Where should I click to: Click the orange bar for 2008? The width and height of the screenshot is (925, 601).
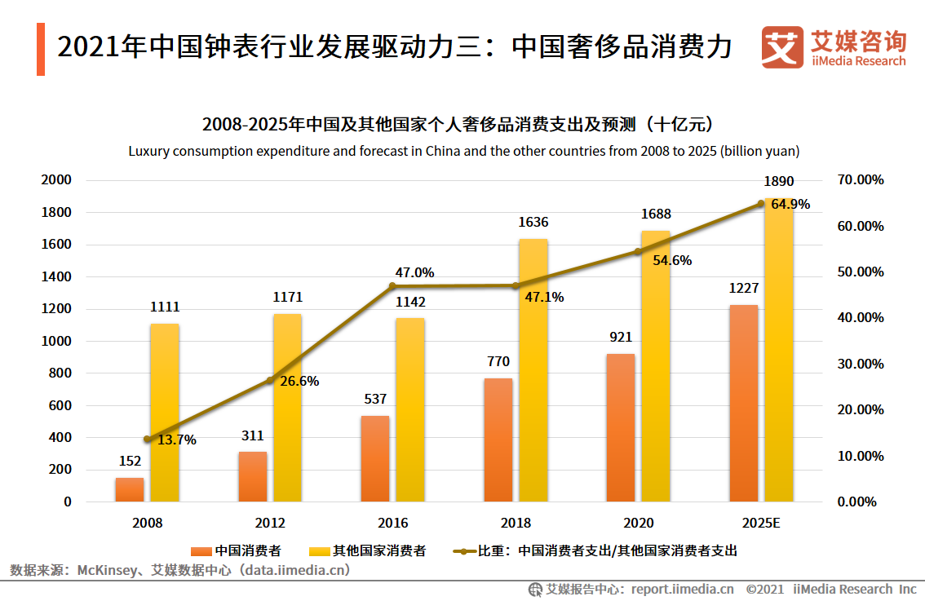129,489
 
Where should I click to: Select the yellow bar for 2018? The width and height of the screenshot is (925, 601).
533,371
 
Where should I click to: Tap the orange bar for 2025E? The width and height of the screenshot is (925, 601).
743,404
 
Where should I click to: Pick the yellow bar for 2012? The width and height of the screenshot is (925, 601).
287,408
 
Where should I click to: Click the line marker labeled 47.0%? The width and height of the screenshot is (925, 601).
392,286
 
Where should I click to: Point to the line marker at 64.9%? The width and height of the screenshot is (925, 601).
760,204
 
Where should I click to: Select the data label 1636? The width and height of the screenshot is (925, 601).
533,222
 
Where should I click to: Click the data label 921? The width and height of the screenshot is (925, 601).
620,337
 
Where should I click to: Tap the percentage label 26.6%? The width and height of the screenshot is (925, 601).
299,381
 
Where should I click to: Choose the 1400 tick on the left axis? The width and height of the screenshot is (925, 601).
56,276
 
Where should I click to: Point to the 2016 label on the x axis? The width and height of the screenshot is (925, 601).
392,523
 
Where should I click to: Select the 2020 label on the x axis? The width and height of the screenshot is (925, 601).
638,523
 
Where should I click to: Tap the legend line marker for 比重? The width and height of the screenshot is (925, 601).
462,550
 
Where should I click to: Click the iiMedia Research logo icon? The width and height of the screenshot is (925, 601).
781,47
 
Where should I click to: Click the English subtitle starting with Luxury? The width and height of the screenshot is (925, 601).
463,151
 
